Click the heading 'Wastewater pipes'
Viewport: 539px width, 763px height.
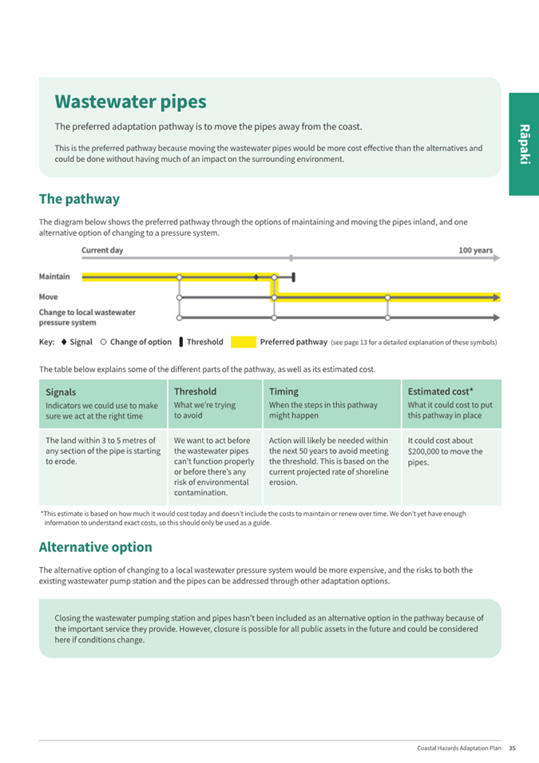click(x=130, y=102)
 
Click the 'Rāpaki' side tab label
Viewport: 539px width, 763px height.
click(x=524, y=144)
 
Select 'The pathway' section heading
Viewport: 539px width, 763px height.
click(x=79, y=199)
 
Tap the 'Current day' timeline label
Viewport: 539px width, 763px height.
click(x=102, y=250)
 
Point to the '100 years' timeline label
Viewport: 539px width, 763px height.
click(x=475, y=250)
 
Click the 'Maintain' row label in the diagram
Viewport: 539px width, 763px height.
click(x=54, y=276)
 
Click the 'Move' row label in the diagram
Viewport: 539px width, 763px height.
click(x=48, y=297)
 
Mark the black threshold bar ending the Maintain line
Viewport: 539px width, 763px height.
click(x=294, y=277)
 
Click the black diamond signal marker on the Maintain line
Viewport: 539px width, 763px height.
click(x=256, y=277)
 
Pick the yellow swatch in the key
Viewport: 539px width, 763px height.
click(x=244, y=342)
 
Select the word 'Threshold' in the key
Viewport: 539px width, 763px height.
click(x=205, y=342)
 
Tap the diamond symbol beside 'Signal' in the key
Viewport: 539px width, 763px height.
click(x=63, y=342)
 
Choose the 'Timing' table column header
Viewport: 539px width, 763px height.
click(x=283, y=391)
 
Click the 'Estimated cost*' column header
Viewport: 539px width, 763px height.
click(x=440, y=391)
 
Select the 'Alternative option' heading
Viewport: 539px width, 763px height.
click(x=95, y=547)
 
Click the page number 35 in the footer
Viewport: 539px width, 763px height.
click(x=512, y=748)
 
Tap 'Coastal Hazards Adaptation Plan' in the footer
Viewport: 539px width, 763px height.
click(x=459, y=748)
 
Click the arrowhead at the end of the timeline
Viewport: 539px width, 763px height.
click(x=497, y=258)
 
